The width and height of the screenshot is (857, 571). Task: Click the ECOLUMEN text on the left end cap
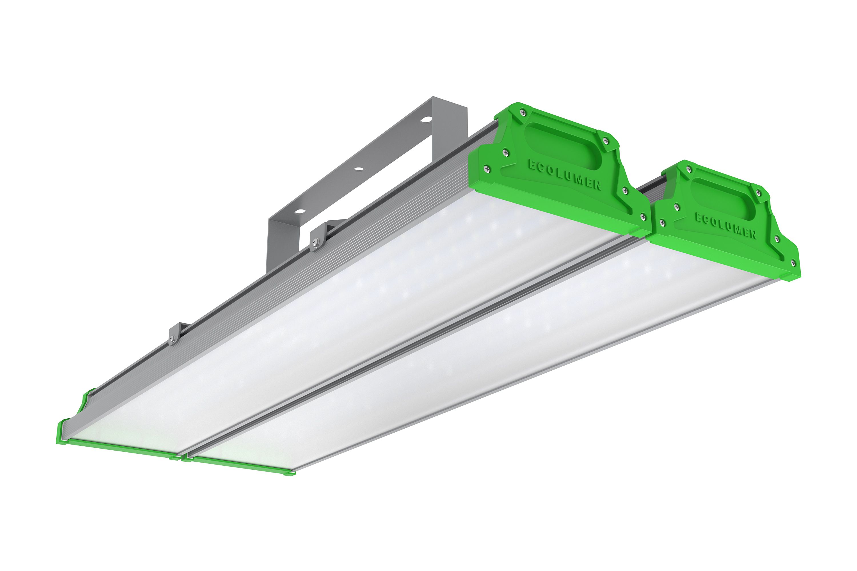pos(565,175)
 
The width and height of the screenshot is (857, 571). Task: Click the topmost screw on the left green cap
pos(523,112)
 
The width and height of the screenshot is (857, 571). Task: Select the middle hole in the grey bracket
pos(359,169)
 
